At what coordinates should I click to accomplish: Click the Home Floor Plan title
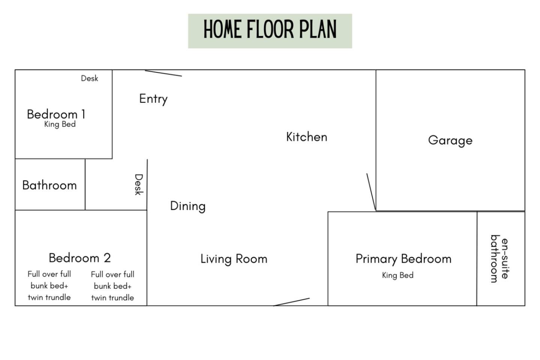coord(270,29)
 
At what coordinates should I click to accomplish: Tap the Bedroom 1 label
coord(56,114)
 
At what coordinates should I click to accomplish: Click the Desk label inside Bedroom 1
coord(89,78)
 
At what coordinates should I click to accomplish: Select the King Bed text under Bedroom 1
coord(60,124)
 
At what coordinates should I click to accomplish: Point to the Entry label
coord(153,99)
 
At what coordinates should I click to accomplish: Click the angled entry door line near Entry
coord(163,73)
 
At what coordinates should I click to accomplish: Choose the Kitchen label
coord(307,137)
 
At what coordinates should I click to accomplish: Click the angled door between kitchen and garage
coord(371,192)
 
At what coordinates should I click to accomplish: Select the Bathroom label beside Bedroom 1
coord(49,185)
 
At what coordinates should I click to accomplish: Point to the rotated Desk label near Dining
coord(139,184)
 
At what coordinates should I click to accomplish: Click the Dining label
coord(188,207)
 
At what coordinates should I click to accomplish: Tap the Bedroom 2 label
coord(80,258)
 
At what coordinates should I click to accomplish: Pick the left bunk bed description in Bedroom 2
coord(49,285)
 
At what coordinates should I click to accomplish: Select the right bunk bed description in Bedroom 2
coord(112,286)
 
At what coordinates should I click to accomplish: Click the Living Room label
coord(234,259)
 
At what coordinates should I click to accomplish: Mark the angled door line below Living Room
coord(291,302)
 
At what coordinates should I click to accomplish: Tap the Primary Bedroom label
coord(403,259)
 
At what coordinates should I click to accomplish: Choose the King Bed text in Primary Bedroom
coord(398,275)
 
